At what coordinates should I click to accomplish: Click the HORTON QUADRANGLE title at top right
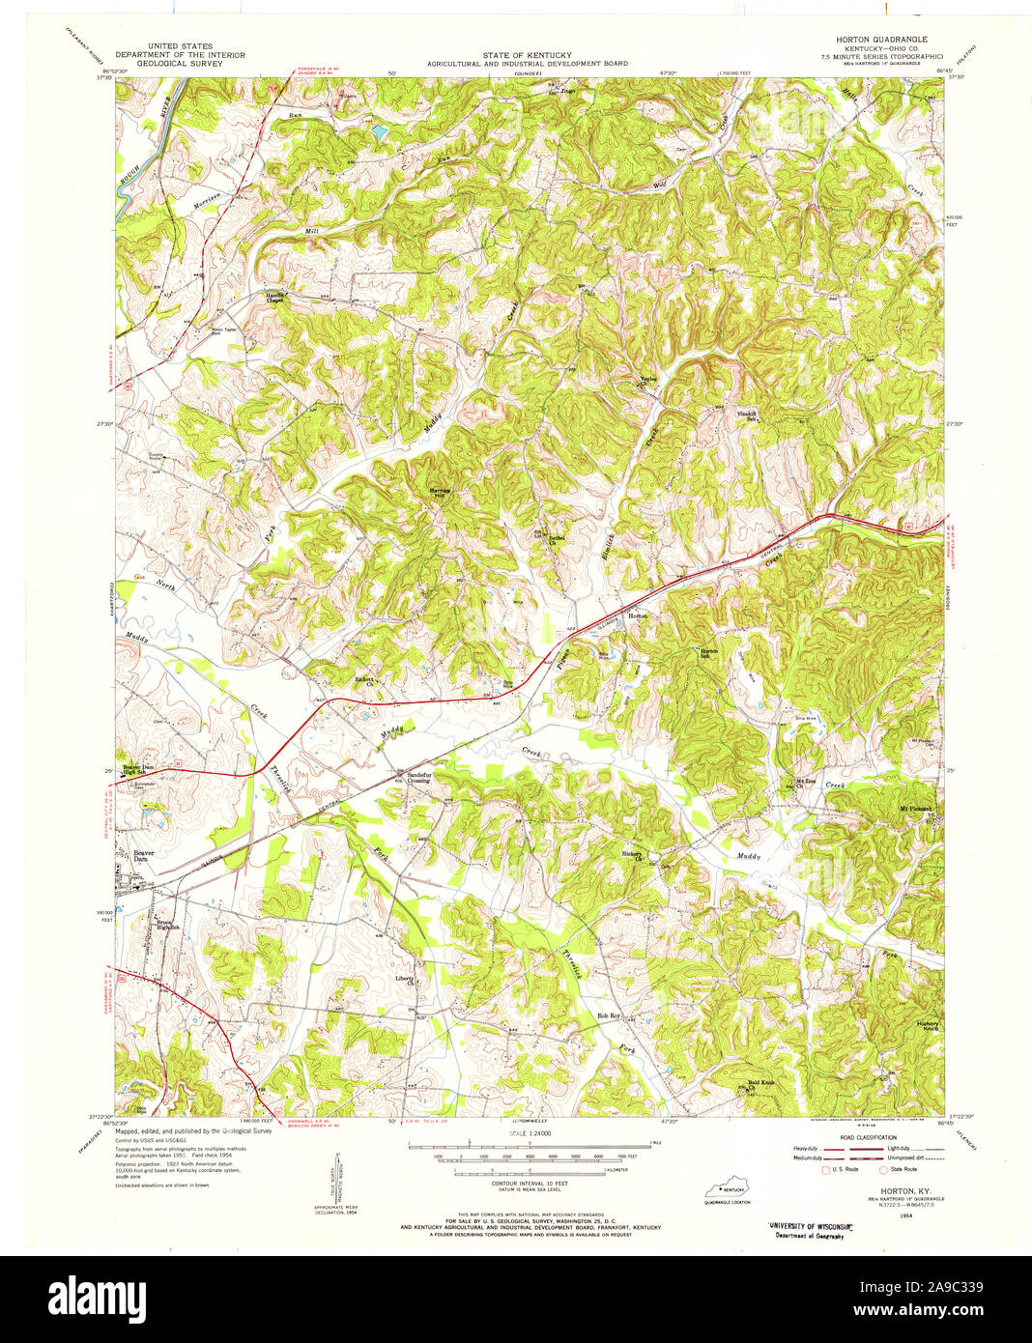(x=874, y=38)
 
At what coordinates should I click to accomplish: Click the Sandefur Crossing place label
(x=418, y=778)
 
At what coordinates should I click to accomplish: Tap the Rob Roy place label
(x=608, y=1015)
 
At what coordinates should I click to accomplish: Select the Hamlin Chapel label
(x=280, y=298)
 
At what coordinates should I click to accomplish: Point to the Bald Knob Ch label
(x=761, y=1084)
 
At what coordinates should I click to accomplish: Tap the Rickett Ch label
(x=365, y=680)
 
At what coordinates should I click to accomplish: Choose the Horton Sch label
(x=710, y=653)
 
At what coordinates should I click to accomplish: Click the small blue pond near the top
(x=379, y=129)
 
